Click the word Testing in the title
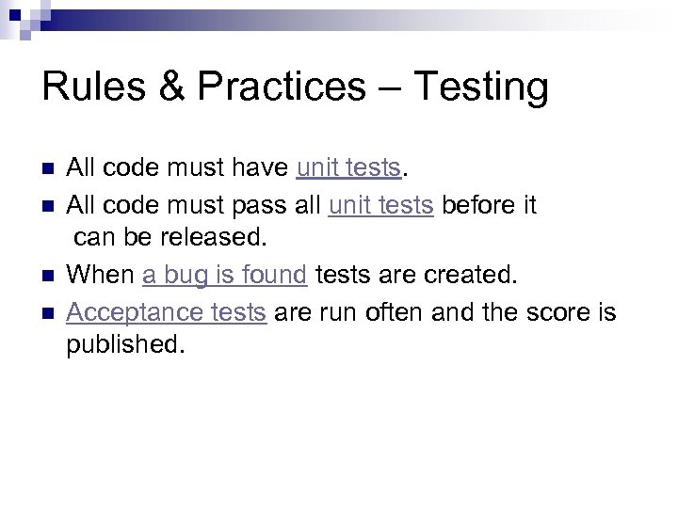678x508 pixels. pos(480,87)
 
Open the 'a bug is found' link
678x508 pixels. pos(225,275)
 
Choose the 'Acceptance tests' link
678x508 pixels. pos(166,310)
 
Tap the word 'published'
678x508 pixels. pos(121,344)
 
